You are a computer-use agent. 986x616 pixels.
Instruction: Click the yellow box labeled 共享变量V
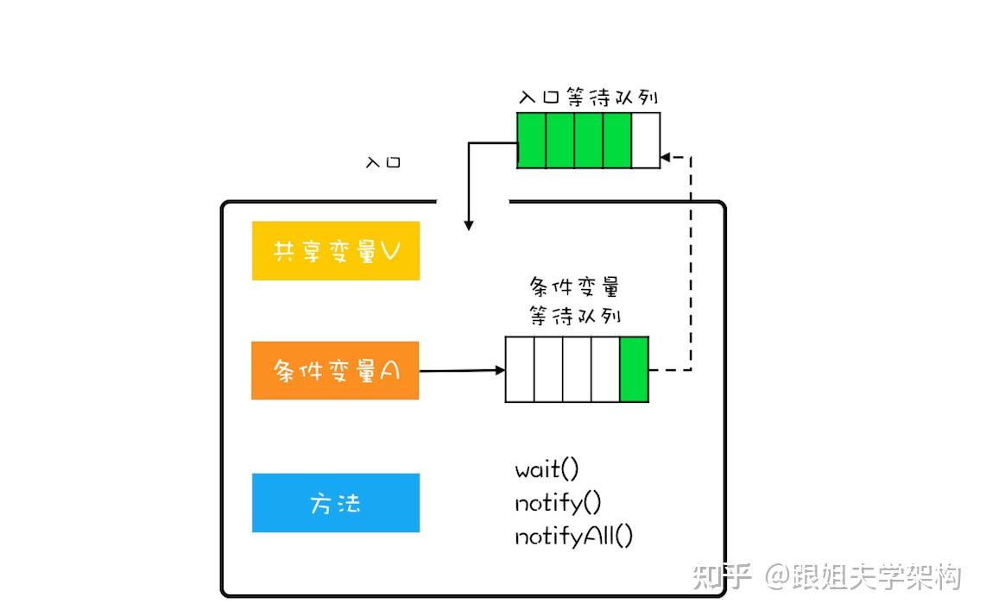click(336, 251)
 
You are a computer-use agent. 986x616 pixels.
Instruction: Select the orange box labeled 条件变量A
click(335, 371)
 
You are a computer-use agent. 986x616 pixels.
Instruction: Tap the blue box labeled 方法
click(336, 503)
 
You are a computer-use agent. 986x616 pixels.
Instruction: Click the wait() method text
click(547, 469)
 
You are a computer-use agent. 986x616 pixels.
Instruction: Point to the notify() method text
click(558, 503)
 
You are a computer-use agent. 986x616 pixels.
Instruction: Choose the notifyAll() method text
click(573, 536)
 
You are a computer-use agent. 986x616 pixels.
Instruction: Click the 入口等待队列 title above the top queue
click(589, 97)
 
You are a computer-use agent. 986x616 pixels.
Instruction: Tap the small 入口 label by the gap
click(383, 162)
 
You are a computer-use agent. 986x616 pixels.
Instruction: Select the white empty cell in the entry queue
click(646, 141)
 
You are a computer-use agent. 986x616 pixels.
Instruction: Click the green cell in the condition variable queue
click(634, 369)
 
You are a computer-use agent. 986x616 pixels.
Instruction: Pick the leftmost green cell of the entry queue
click(531, 141)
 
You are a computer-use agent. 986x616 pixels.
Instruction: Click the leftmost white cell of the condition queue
click(520, 369)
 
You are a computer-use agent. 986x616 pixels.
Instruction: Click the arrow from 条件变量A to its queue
click(462, 370)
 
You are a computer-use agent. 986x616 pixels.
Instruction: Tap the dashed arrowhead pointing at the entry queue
click(666, 157)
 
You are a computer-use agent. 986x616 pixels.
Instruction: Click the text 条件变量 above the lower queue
click(574, 286)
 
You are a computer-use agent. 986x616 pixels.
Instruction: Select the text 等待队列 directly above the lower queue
click(574, 315)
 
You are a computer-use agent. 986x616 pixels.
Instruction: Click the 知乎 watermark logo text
click(722, 576)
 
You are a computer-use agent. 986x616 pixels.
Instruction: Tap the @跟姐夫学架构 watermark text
click(863, 576)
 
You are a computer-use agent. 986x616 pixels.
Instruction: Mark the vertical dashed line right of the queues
click(691, 263)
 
